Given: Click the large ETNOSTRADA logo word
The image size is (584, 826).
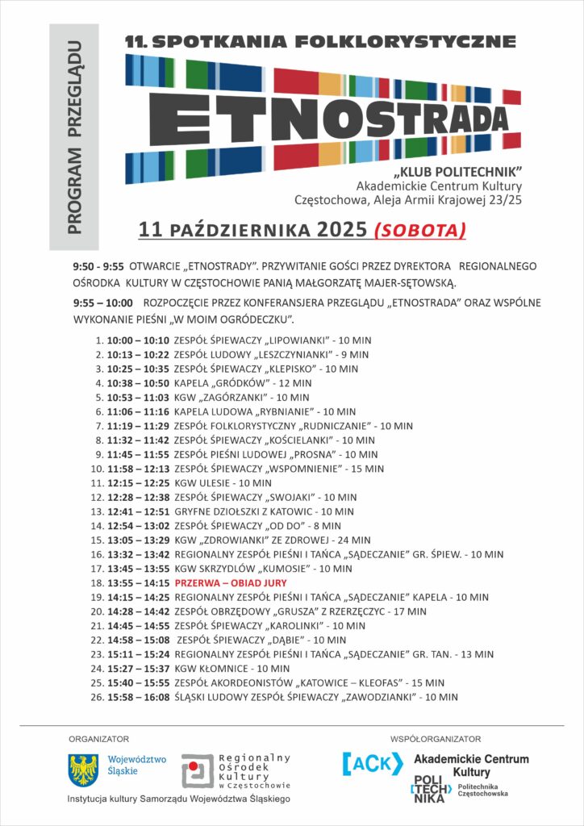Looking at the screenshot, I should [x=323, y=119].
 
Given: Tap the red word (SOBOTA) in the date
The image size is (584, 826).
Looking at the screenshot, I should [x=420, y=230].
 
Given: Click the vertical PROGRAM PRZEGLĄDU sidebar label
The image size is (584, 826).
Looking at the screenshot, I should [x=73, y=137].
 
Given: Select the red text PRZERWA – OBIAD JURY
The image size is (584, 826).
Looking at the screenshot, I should [x=231, y=582].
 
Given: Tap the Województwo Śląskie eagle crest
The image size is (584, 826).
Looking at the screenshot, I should [x=82, y=769].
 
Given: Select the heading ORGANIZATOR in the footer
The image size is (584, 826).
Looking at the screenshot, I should [x=98, y=738].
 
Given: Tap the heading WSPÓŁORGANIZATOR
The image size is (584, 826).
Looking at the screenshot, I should [x=435, y=738].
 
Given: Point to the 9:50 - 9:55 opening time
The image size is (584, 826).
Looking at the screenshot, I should [x=98, y=266].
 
